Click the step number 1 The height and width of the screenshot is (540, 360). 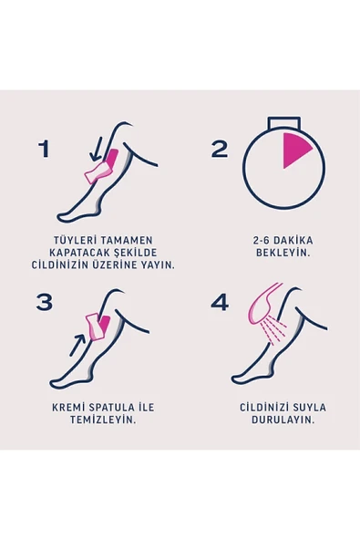(x=44, y=149)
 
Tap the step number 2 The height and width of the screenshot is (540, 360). (x=220, y=149)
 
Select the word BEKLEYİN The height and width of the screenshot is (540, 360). (x=283, y=253)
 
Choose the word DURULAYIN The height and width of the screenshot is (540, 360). (x=283, y=420)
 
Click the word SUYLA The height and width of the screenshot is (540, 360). (x=306, y=406)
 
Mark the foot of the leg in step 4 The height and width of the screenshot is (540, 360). (x=244, y=374)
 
